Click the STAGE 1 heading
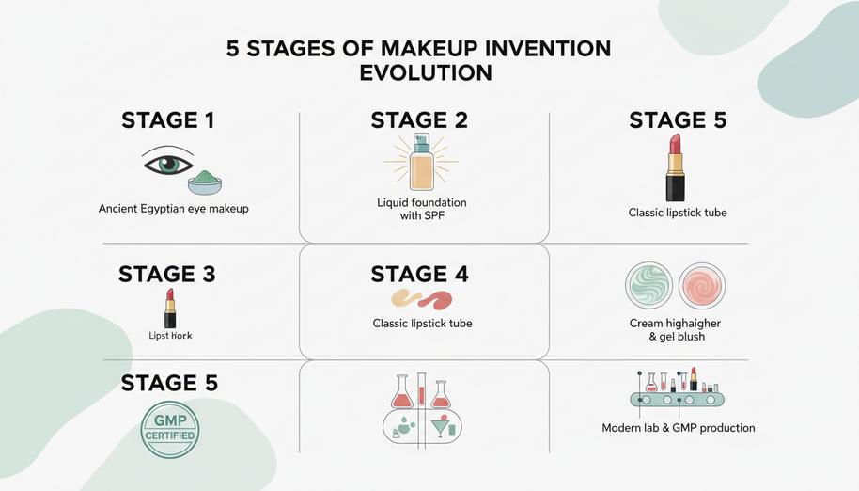pos(167,120)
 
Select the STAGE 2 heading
pos(419,120)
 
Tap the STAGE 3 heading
pos(166,275)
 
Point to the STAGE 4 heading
pos(419,275)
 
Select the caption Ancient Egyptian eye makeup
pos(174,209)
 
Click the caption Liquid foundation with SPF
pos(421,209)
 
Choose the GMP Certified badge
pos(169,429)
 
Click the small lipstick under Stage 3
pos(170,309)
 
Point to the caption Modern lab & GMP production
pos(678,428)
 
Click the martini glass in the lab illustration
pos(439,428)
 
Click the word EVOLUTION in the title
pos(426,72)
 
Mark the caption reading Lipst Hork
pos(170,336)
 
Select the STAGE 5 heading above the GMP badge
pos(169,383)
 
